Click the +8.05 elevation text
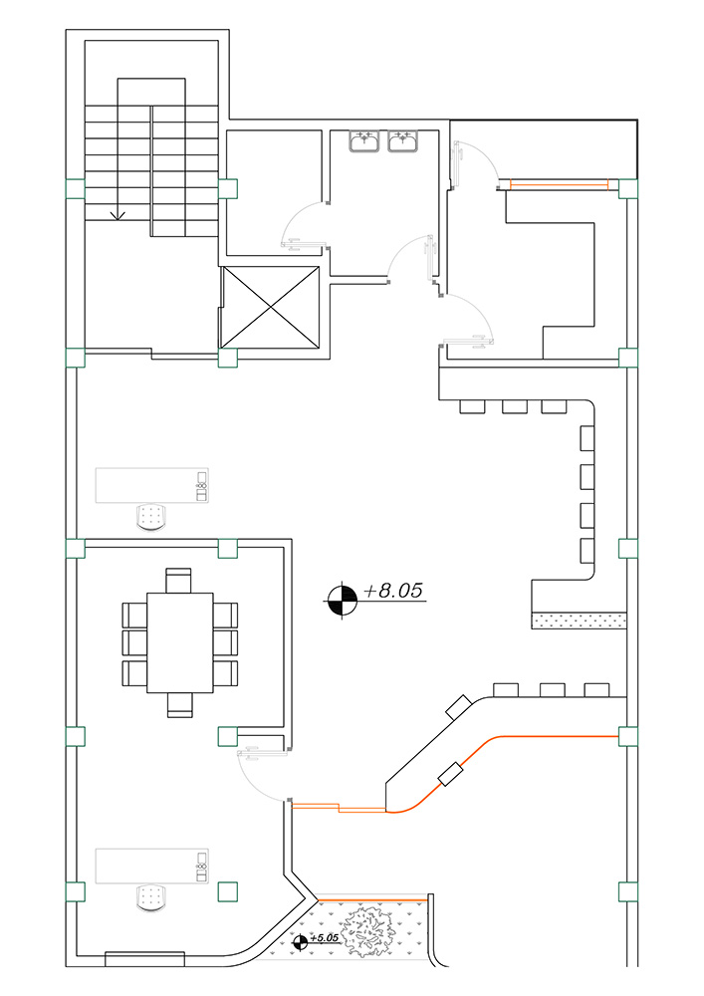pos(393,590)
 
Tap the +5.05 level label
pos(325,937)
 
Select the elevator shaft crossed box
pos(271,308)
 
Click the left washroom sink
pos(364,141)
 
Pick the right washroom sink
pos(402,141)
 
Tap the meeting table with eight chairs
pos(180,642)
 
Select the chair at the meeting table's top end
pos(179,580)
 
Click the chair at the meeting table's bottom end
pos(179,705)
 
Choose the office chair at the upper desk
pos(151,516)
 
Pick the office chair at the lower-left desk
pos(151,897)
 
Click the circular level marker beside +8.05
pos(343,599)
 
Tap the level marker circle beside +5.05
pos(301,942)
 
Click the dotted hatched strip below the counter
pos(579,621)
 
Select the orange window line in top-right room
pos(560,185)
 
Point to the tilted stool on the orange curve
pos(451,774)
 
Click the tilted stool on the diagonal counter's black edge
pos(459,707)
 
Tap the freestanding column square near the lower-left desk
pos(227,891)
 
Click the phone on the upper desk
pos(202,487)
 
